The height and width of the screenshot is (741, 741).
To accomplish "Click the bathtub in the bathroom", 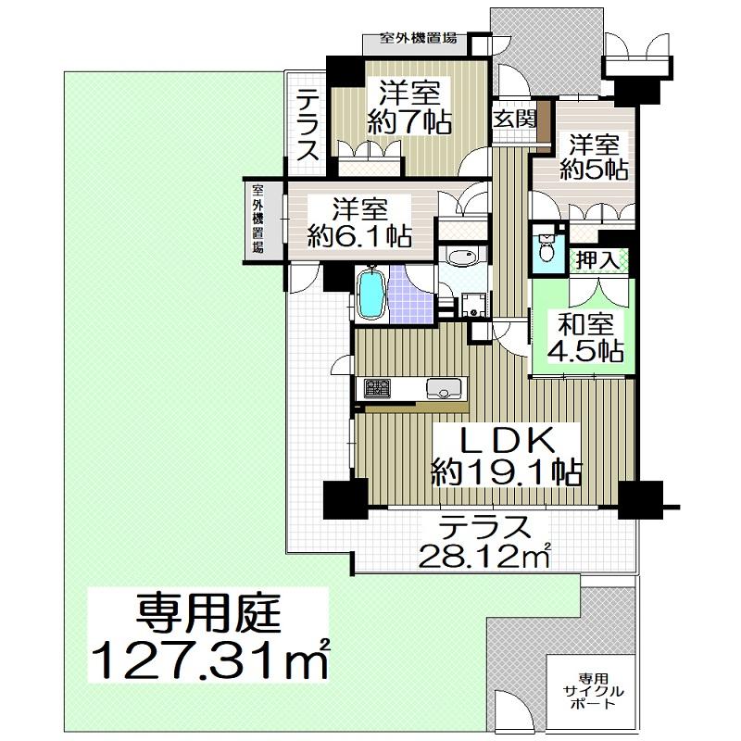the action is [370, 295].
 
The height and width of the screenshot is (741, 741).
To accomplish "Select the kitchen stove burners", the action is [377, 388].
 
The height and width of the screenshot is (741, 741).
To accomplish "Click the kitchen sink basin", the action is [444, 388].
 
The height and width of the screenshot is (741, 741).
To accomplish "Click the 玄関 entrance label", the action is [515, 119].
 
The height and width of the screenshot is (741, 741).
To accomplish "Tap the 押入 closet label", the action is [598, 260].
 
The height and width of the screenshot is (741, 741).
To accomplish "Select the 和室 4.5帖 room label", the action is [585, 337].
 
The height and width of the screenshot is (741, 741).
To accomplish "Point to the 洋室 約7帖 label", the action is [409, 107].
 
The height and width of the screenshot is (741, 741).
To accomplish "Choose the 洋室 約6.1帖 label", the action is [359, 222].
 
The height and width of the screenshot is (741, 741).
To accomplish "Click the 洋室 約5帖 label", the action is [594, 157].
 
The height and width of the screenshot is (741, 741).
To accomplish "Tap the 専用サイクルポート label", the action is [593, 691].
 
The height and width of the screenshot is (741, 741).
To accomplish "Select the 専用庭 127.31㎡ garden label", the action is [208, 634].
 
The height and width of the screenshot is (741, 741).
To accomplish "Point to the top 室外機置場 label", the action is [419, 38].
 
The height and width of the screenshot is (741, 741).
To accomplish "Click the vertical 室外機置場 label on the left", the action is [257, 219].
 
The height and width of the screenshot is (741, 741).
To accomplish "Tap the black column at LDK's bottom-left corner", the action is [345, 499].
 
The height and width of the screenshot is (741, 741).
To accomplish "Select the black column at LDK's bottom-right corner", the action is [640, 500].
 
